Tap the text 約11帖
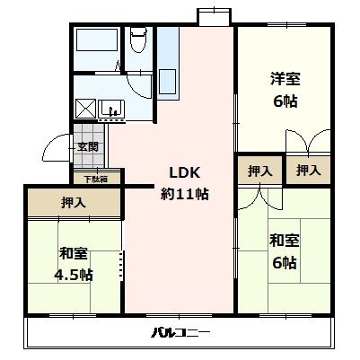(x=185, y=192)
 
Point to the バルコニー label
(x=180, y=333)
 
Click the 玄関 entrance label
(x=87, y=147)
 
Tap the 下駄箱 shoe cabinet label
(x=96, y=179)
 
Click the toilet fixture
(x=138, y=41)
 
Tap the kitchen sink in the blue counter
(x=168, y=79)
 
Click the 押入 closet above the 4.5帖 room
(x=74, y=203)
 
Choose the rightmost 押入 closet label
(x=308, y=171)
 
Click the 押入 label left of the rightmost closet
(x=259, y=171)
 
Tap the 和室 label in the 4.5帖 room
(x=73, y=252)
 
